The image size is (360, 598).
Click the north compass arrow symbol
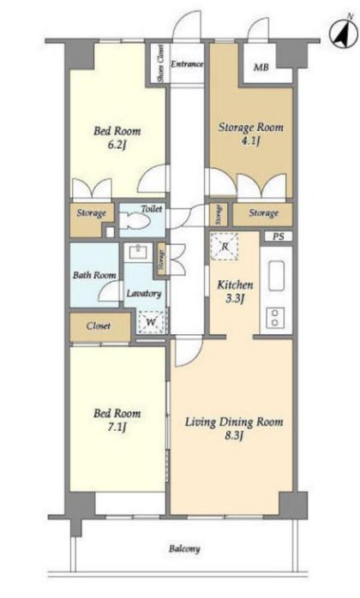click(x=342, y=33)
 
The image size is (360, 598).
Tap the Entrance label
click(x=187, y=63)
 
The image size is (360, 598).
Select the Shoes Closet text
click(x=161, y=63)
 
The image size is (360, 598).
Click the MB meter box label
click(x=261, y=68)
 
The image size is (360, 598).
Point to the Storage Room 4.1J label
click(x=251, y=134)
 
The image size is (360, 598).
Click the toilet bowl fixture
click(x=135, y=220)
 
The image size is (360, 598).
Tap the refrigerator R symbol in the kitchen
click(x=224, y=247)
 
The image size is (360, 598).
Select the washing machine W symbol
click(x=151, y=323)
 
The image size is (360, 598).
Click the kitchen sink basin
click(x=276, y=275)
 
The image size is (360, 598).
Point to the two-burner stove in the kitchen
click(x=275, y=317)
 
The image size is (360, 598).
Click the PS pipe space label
click(x=279, y=236)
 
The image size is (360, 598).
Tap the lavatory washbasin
click(x=136, y=253)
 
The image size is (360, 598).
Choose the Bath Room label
click(x=94, y=275)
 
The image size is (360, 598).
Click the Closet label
click(x=98, y=326)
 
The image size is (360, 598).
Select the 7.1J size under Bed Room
click(x=117, y=428)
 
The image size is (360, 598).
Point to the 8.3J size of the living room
click(x=234, y=435)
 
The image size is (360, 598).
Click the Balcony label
click(x=184, y=549)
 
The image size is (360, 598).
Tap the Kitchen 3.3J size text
click(x=235, y=298)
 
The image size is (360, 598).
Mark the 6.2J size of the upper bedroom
click(x=117, y=146)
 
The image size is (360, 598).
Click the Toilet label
click(x=152, y=208)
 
